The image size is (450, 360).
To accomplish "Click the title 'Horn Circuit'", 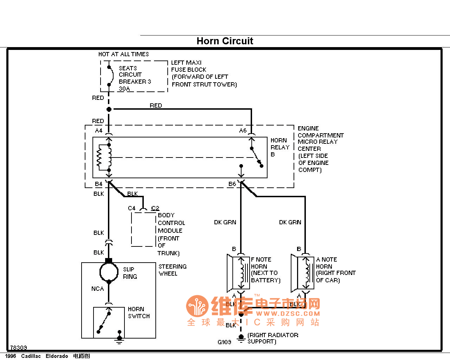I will click(x=225, y=41).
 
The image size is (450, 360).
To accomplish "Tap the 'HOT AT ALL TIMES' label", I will click(x=123, y=54).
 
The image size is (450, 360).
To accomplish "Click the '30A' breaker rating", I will click(x=124, y=89).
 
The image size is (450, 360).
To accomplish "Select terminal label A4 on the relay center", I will click(x=99, y=130).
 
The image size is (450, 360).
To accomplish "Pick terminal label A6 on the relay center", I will click(x=243, y=130).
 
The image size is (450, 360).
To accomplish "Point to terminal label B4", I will click(x=99, y=184).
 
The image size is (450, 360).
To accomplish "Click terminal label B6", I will click(x=232, y=184).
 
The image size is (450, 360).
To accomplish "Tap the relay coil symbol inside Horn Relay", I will click(x=104, y=157).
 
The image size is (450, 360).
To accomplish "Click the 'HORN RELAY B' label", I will click(x=280, y=147).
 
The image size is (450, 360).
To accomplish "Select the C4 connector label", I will click(x=131, y=208).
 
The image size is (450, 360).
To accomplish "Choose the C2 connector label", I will click(x=155, y=208).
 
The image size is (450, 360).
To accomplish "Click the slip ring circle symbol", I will click(x=109, y=271).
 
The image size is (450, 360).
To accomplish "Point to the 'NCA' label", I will click(x=97, y=289).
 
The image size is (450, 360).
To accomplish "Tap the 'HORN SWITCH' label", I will click(x=139, y=313).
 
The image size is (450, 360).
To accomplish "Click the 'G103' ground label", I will click(x=224, y=342).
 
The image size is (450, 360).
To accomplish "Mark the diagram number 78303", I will click(x=19, y=348).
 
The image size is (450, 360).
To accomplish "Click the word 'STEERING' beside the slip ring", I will click(x=172, y=266).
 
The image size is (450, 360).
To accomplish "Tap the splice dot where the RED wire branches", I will click(x=109, y=109).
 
